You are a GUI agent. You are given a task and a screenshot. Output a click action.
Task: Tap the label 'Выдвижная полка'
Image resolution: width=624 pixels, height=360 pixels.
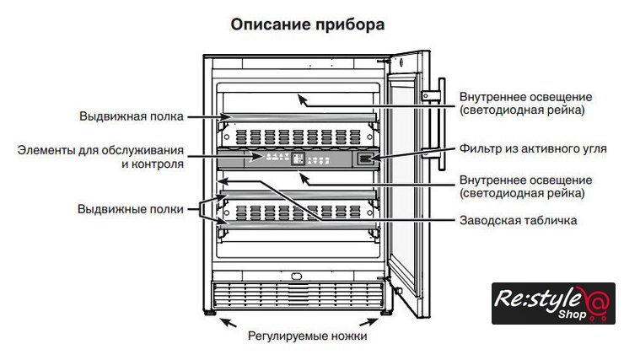point(132,116)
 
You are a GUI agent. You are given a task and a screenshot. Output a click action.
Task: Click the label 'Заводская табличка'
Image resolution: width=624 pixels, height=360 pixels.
point(519,221)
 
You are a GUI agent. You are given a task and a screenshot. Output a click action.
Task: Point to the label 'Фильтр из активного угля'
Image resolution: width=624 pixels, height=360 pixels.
point(533,148)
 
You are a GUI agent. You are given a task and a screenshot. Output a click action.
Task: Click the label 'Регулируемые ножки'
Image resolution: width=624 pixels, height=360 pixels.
point(307,335)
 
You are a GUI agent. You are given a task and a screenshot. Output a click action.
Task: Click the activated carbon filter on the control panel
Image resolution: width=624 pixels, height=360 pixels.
point(365,158)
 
